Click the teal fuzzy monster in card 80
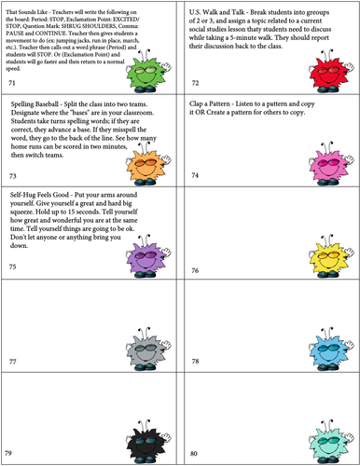[x=325, y=435]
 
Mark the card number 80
[x=195, y=453]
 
